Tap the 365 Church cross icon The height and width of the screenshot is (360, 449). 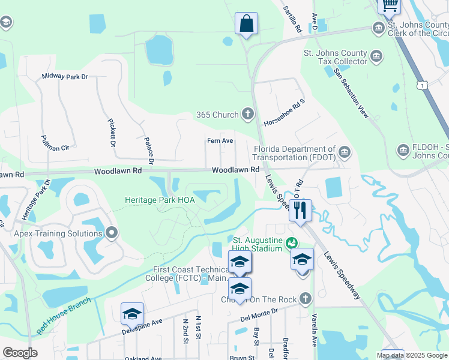click(248, 114)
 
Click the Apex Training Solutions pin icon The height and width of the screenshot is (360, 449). click(112, 233)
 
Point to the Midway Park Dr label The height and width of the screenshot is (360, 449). click(65, 77)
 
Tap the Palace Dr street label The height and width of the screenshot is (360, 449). click(149, 150)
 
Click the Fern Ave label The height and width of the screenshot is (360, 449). click(220, 141)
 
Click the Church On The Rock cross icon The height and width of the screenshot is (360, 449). click(306, 298)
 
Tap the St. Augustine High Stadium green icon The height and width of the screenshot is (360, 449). click(292, 243)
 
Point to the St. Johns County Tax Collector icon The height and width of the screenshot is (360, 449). click(376, 56)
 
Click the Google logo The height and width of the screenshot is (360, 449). click(20, 353)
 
